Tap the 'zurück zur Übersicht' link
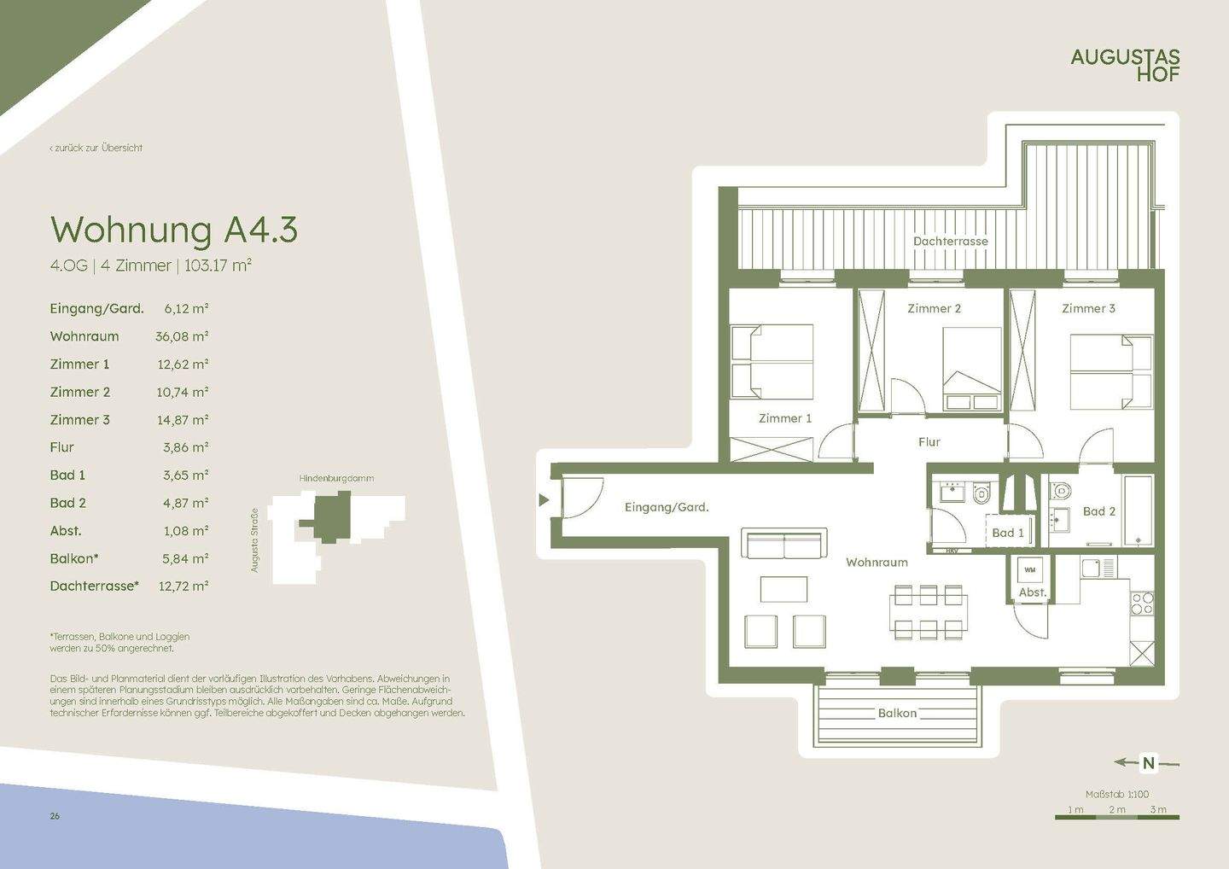pyautogui.click(x=96, y=149)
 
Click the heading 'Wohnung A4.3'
pyautogui.click(x=174, y=230)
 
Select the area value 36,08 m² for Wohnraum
pyautogui.click(x=182, y=336)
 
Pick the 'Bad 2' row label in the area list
pyautogui.click(x=68, y=503)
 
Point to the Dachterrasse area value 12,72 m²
pyautogui.click(x=183, y=586)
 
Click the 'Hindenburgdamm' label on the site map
pyautogui.click(x=336, y=478)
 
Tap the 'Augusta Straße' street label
pyautogui.click(x=254, y=540)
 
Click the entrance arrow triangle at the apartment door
pyautogui.click(x=544, y=499)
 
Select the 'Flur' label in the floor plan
pyautogui.click(x=929, y=441)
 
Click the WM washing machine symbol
pyautogui.click(x=1030, y=570)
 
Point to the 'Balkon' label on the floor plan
pyautogui.click(x=897, y=713)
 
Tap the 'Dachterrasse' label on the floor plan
pyautogui.click(x=950, y=242)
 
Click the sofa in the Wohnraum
pyautogui.click(x=784, y=543)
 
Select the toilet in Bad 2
pyautogui.click(x=1061, y=490)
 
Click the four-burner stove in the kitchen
pyautogui.click(x=1142, y=603)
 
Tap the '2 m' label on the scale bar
pyautogui.click(x=1117, y=809)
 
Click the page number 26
pyautogui.click(x=55, y=816)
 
